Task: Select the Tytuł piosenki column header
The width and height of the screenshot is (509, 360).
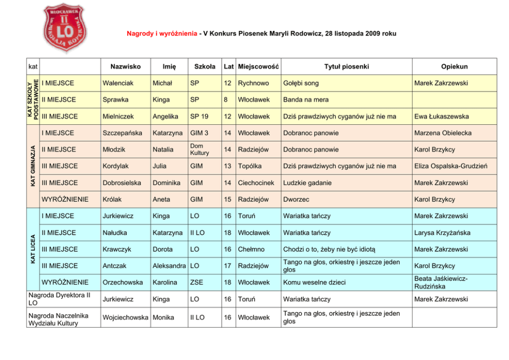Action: [346, 67]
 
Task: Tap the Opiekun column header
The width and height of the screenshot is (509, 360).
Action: [454, 67]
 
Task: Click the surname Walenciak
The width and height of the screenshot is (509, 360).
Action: [118, 83]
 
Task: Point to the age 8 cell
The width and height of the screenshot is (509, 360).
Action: [226, 100]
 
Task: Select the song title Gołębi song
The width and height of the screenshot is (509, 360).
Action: [301, 83]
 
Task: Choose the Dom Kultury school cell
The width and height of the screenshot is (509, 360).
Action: [199, 149]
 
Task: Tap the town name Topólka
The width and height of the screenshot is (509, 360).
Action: [250, 166]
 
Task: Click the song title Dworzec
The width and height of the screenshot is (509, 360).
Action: [296, 199]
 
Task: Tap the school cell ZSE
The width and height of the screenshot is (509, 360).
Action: [196, 282]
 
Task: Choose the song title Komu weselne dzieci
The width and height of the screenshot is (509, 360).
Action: [314, 282]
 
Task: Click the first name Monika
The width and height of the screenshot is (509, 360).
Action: [163, 317]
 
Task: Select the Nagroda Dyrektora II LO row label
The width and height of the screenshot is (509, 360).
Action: [59, 299]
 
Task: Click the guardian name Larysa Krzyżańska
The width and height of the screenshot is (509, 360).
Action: [442, 233]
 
